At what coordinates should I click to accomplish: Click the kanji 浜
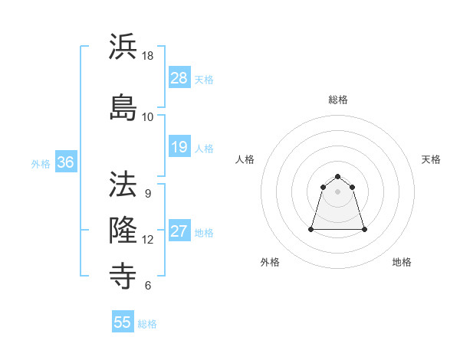123,47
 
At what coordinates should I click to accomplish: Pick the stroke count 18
148,57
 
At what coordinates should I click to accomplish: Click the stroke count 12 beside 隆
148,240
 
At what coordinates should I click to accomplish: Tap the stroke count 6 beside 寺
148,286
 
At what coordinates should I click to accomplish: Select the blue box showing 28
179,78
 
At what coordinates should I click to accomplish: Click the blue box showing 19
179,147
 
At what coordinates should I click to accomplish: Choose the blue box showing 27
179,232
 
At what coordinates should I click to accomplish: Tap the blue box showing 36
65,162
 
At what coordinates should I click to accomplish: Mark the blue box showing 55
123,322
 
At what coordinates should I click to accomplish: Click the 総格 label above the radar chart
338,100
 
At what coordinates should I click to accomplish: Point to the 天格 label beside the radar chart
431,159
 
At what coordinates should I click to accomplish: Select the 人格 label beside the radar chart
245,159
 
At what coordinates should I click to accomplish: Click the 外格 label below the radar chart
270,262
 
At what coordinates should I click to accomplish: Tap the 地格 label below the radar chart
402,262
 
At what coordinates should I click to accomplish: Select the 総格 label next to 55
147,324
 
